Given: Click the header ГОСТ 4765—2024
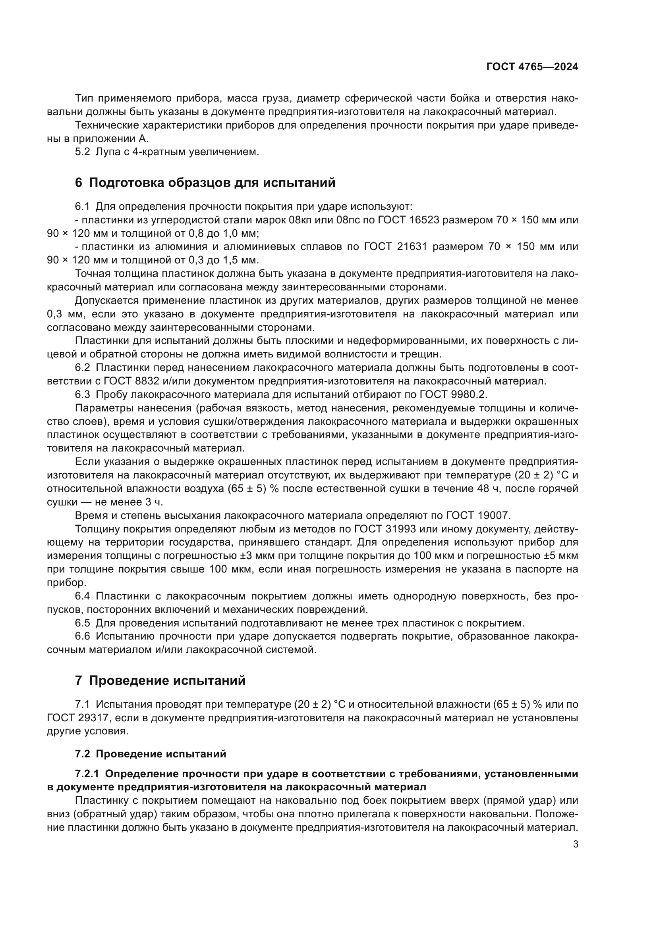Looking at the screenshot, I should pos(532,67).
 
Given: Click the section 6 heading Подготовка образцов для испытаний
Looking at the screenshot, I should pos(205,183).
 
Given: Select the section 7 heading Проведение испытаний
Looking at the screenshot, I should pos(160,681).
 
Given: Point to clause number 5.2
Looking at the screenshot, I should pos(83,152).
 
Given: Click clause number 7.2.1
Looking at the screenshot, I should pos(87,774).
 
